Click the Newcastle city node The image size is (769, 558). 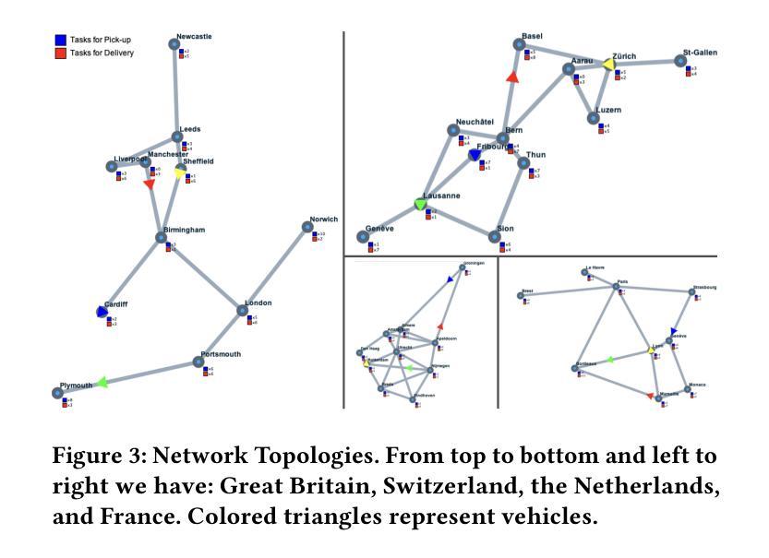(174, 43)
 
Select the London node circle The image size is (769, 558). (242, 311)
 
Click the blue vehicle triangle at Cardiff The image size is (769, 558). (102, 313)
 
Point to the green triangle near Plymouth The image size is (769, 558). (102, 381)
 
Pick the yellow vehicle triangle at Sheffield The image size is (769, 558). (181, 172)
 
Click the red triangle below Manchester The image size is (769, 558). (150, 184)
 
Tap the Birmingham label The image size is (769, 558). (185, 230)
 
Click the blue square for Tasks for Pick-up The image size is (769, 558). (60, 40)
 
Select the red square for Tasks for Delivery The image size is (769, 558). (60, 53)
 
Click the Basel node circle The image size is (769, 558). (519, 45)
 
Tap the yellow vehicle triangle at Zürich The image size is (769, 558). (608, 64)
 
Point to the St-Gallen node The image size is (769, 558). (680, 61)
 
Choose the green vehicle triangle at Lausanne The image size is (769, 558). (421, 204)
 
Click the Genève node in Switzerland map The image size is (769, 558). (364, 237)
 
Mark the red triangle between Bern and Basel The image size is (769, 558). (513, 77)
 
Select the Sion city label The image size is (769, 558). (505, 228)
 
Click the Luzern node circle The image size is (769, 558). (594, 118)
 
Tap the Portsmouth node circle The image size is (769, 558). (198, 362)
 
